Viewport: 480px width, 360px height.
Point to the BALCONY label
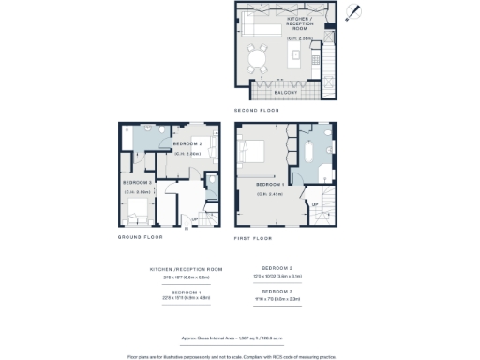coord(286,93)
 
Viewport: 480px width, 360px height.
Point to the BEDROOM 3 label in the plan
coord(137,182)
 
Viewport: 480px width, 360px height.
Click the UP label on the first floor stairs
coord(314,202)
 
